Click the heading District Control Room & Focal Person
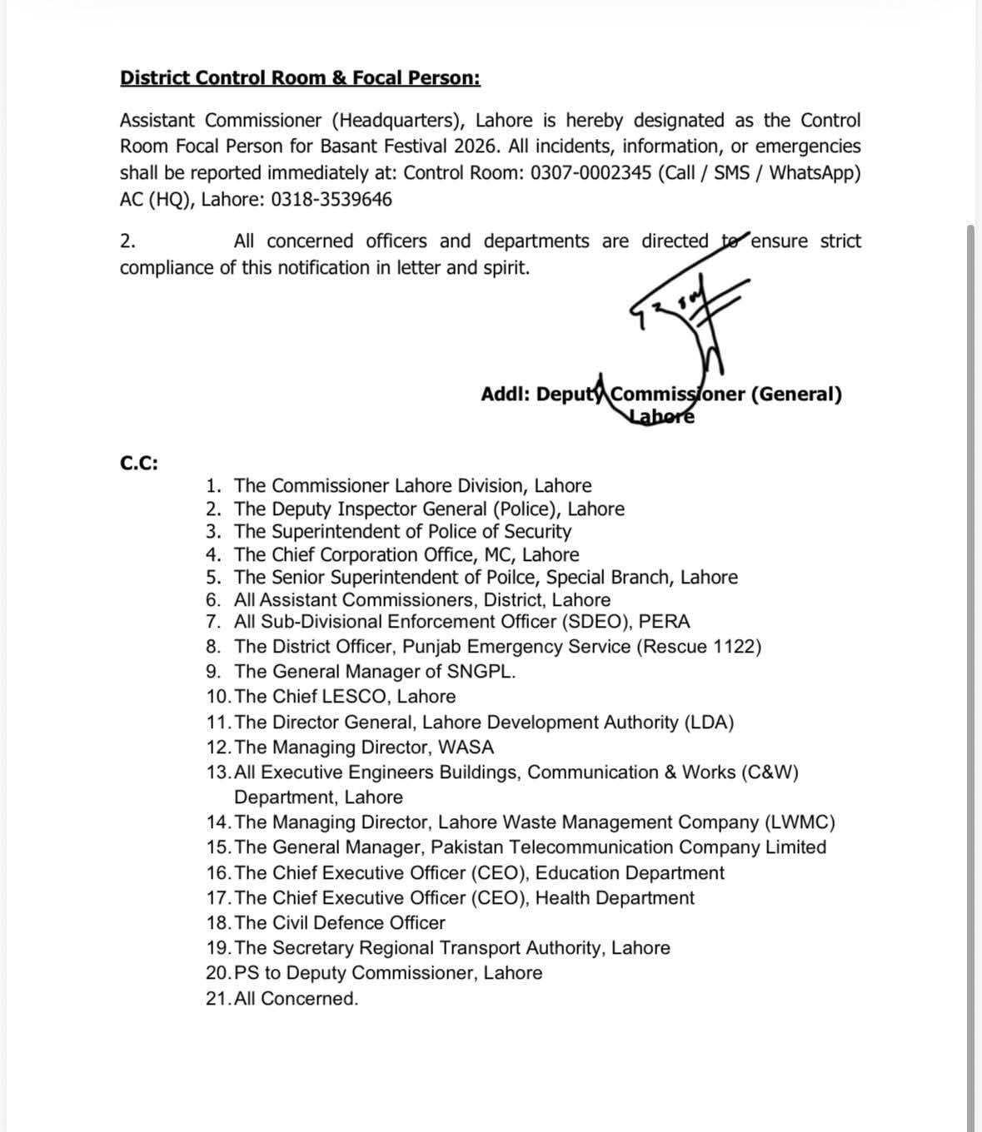click(300, 78)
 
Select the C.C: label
click(139, 464)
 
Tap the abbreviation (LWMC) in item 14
click(800, 822)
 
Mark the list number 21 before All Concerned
click(217, 999)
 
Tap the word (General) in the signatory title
click(796, 395)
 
